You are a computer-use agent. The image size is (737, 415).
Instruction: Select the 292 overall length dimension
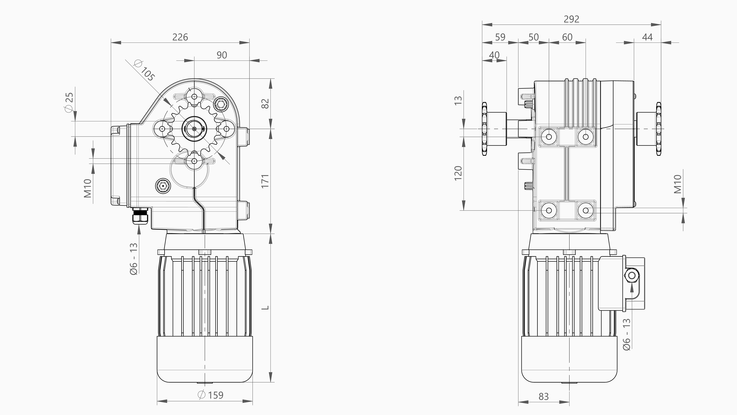571,19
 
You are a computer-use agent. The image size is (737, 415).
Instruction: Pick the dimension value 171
265,181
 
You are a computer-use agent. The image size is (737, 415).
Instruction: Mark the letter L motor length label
266,308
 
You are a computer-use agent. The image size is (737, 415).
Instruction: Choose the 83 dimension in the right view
544,396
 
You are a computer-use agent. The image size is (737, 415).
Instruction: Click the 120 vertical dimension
458,173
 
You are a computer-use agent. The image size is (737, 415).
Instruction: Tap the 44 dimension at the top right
647,37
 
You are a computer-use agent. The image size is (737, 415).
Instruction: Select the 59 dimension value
500,37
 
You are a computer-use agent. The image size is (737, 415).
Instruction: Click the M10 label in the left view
88,188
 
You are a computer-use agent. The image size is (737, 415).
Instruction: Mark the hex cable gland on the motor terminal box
632,276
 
